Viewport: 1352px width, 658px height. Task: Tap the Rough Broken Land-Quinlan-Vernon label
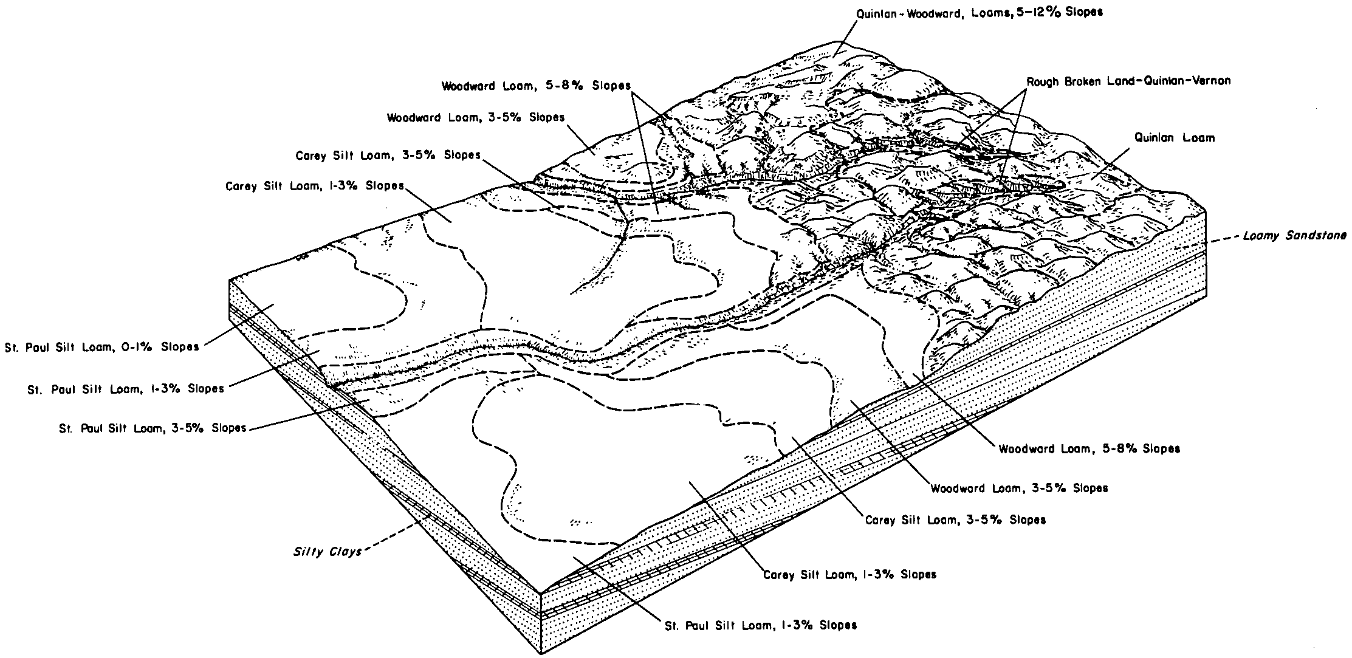click(1128, 81)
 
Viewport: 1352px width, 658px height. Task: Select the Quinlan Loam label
click(1175, 138)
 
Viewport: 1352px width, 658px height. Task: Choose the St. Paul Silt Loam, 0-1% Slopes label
click(101, 348)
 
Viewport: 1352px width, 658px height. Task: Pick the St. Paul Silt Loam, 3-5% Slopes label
click(153, 428)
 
